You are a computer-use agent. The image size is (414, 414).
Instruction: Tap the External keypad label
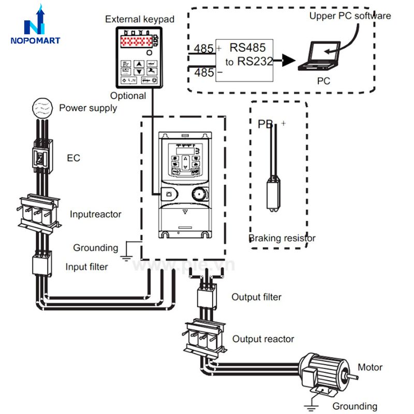pyautogui.click(x=140, y=19)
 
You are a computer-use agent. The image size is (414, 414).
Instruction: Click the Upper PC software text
pyautogui.click(x=350, y=16)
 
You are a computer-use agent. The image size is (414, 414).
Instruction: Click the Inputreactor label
pyautogui.click(x=96, y=213)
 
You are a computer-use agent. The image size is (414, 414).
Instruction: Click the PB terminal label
pyautogui.click(x=265, y=124)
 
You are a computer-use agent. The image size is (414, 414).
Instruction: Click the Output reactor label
pyautogui.click(x=263, y=339)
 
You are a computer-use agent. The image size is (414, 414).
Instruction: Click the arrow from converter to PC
pyautogui.click(x=285, y=62)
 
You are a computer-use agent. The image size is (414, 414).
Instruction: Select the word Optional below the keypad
pyautogui.click(x=128, y=96)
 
